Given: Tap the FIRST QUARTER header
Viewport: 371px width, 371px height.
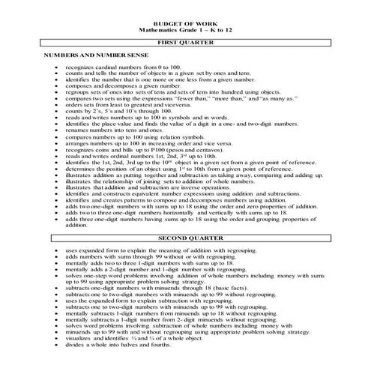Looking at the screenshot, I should tap(185, 43).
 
